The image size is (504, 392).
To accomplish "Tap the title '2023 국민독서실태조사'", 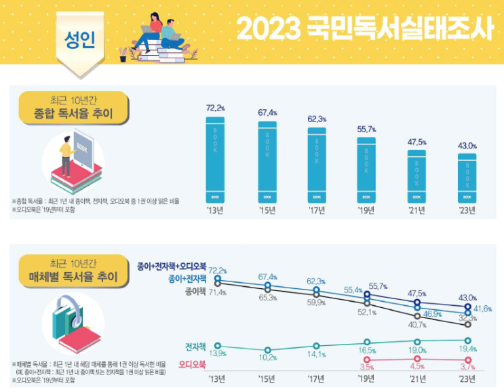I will [x=365, y=29].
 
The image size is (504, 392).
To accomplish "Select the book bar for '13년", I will [x=216, y=159].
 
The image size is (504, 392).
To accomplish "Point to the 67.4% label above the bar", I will [x=267, y=113].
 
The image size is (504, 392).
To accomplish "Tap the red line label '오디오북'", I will [x=192, y=365].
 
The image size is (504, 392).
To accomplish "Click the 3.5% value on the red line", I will [x=366, y=368].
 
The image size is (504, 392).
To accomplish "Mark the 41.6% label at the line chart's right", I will [x=484, y=309].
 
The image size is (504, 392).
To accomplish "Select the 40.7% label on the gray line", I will [x=417, y=325].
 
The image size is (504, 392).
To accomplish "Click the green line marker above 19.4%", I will [x=467, y=340].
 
